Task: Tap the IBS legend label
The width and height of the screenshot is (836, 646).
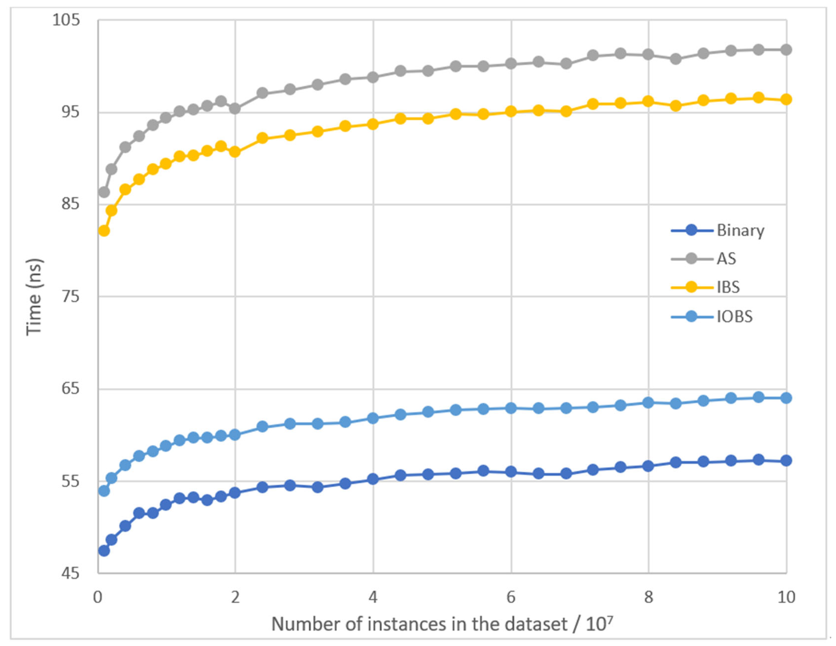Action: point(728,287)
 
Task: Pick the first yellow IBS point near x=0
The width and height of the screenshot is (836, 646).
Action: point(104,231)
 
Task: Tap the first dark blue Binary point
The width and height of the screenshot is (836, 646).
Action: point(104,551)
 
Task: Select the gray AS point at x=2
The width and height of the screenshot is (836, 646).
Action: point(235,109)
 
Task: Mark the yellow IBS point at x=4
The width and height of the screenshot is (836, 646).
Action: point(373,124)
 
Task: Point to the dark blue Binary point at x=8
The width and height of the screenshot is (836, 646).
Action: point(648,466)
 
